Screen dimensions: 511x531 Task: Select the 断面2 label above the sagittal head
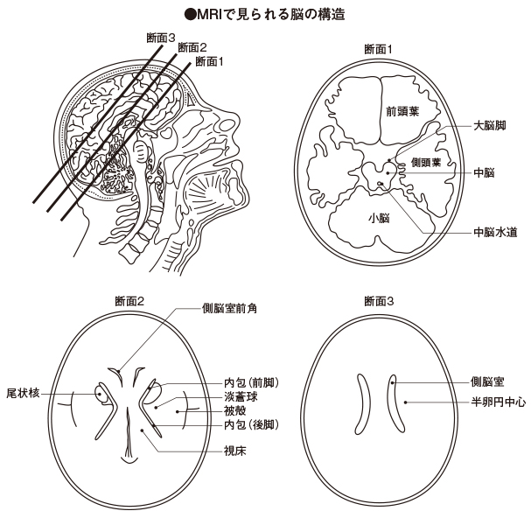[x=192, y=47]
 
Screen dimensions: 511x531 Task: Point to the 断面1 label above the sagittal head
[x=210, y=61]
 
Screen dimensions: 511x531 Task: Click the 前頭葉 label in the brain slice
[x=402, y=111]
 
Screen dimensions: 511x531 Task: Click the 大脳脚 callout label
[x=489, y=127]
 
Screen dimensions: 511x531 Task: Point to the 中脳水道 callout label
[x=494, y=233]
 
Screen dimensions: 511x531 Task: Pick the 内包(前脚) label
[x=251, y=382]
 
